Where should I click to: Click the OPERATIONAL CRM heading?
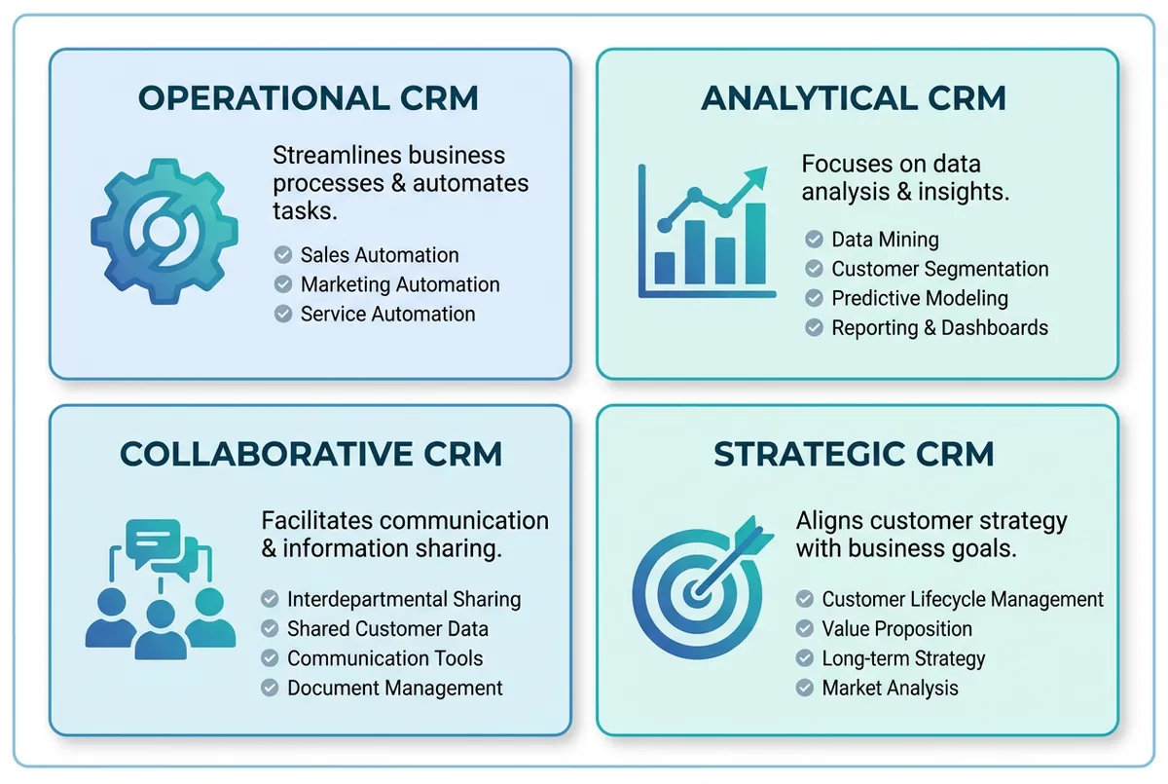point(308,98)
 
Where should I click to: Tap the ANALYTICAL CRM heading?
point(854,98)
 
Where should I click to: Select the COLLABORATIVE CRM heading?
point(310,454)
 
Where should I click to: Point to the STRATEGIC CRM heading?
point(854,454)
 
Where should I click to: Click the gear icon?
point(164,231)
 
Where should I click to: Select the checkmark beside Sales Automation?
point(283,255)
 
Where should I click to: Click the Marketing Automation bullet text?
point(400,284)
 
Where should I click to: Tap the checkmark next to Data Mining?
point(815,240)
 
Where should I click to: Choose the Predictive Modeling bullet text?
point(920,298)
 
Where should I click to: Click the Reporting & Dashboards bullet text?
point(939,327)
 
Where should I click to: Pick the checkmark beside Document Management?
point(270,688)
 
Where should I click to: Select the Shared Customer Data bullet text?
point(387,629)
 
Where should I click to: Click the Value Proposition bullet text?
point(896,629)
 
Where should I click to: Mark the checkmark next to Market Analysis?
point(804,688)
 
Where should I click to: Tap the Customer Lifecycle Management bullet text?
point(963,600)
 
